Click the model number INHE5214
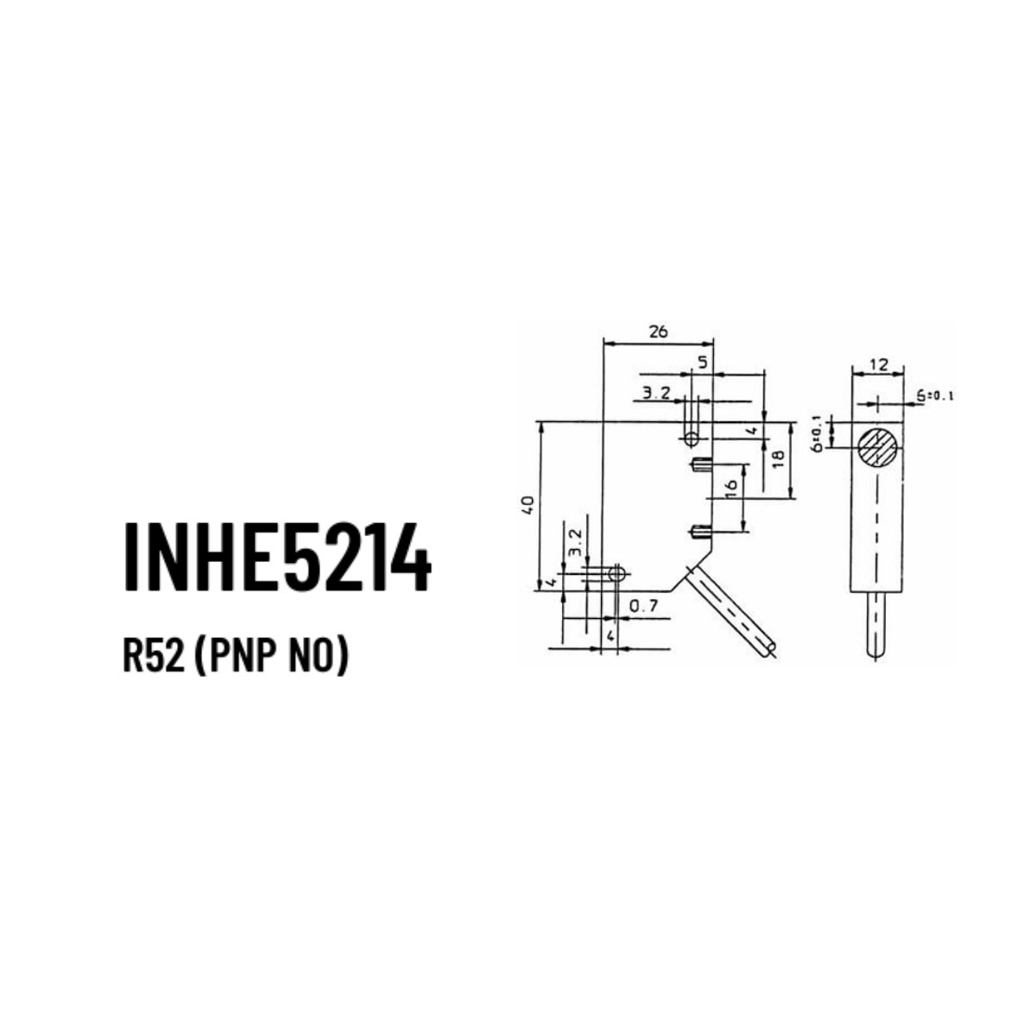(x=277, y=557)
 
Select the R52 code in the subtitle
(x=154, y=658)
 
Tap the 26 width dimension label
(x=658, y=332)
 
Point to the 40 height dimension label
(x=528, y=504)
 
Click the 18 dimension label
(x=778, y=458)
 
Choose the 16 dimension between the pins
(x=730, y=488)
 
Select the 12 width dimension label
(x=878, y=364)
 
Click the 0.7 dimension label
(x=643, y=606)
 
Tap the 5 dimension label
(x=703, y=363)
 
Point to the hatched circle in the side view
(x=877, y=447)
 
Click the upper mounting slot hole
(x=692, y=439)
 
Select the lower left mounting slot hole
(x=616, y=574)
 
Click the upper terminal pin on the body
(x=701, y=464)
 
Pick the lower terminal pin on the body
(x=701, y=533)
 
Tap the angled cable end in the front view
(x=769, y=649)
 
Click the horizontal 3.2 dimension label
(x=657, y=394)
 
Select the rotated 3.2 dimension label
(x=575, y=542)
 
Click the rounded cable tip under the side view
(x=875, y=652)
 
